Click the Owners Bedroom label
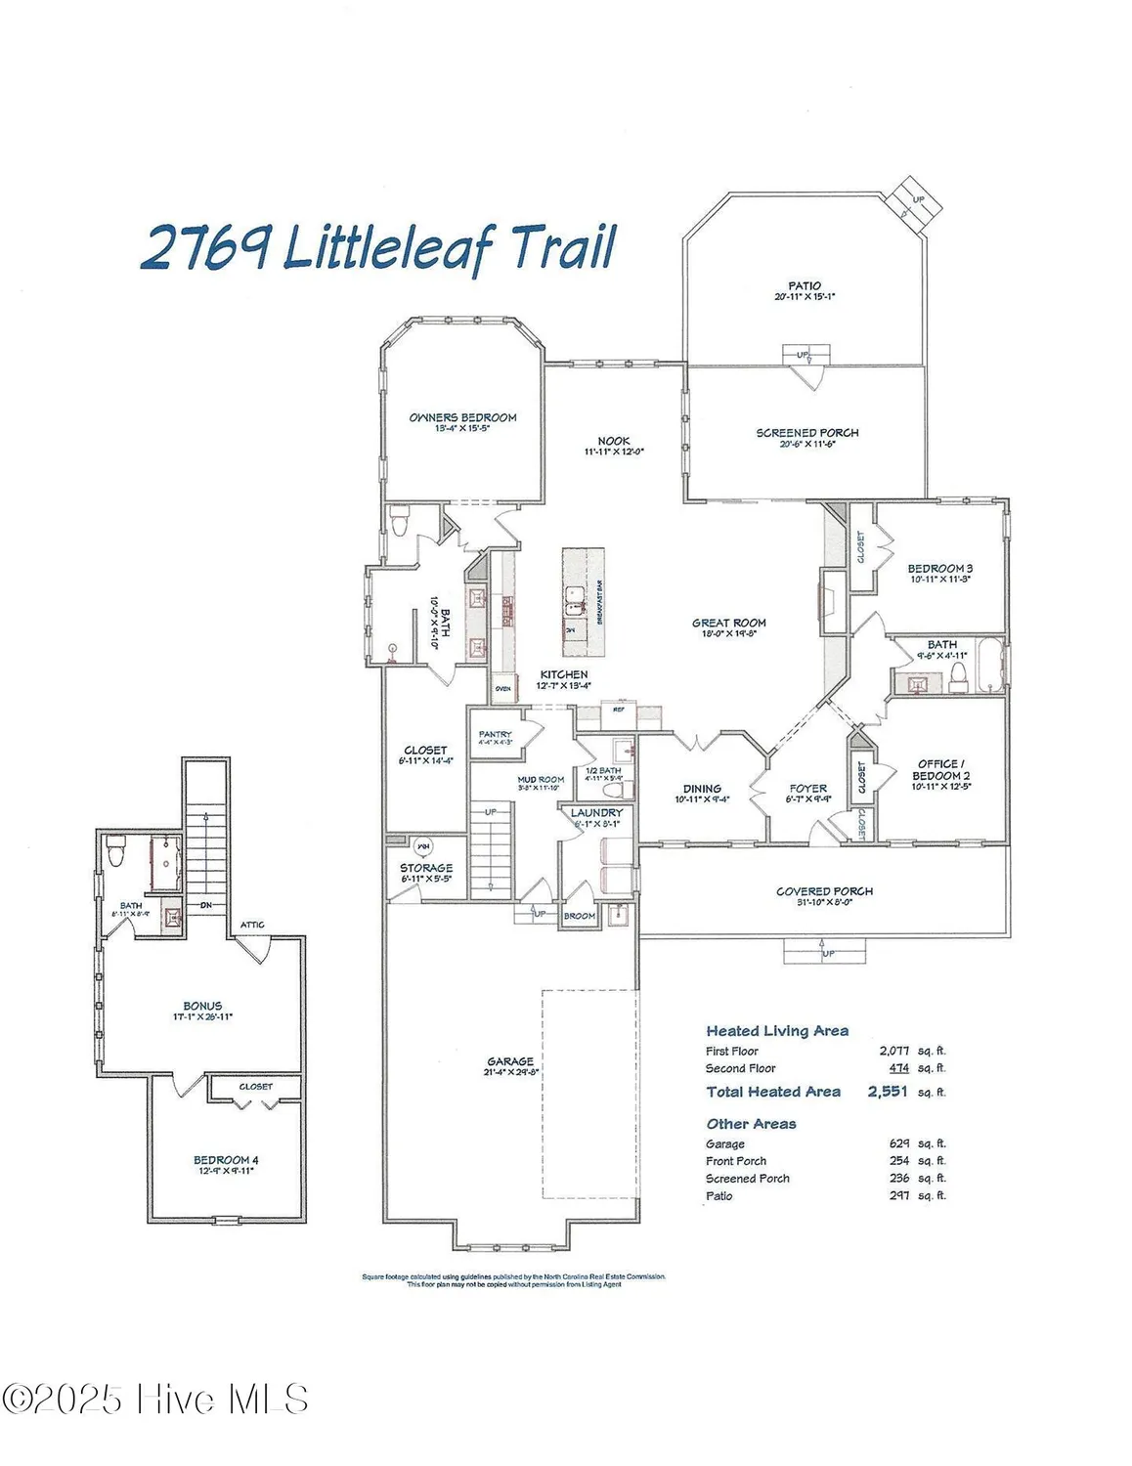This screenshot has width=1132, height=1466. [x=462, y=417]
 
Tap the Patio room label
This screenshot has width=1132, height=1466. [x=805, y=285]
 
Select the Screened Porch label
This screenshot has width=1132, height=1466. [x=807, y=433]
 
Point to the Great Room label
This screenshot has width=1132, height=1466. [x=729, y=623]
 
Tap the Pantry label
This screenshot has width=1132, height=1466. [x=496, y=734]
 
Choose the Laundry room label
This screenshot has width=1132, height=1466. [x=596, y=813]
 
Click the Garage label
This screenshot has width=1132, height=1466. [x=510, y=1061]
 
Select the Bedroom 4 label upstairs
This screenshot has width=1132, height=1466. [x=226, y=1160]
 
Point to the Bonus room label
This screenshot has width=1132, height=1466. [x=202, y=1006]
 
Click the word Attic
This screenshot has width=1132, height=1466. [x=252, y=925]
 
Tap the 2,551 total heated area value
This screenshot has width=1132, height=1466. [x=888, y=1092]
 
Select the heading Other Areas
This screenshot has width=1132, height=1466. [x=751, y=1124]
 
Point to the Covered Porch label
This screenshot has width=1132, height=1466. [x=824, y=891]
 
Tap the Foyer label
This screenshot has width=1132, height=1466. [x=808, y=788]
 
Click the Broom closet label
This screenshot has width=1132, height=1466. [x=580, y=916]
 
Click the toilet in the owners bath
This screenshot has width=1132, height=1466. [x=399, y=523]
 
